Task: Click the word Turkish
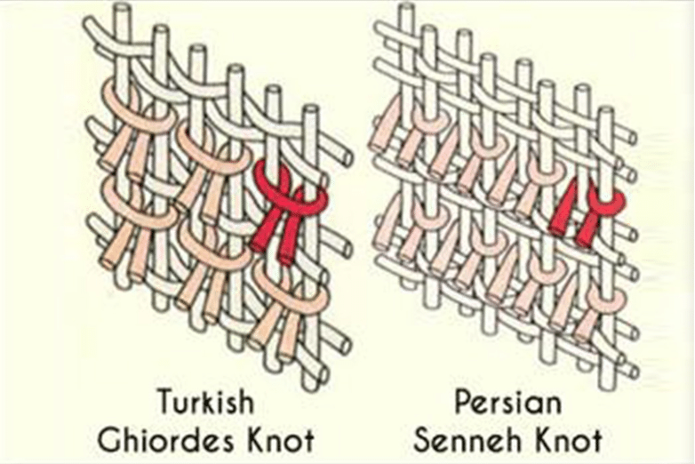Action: (205, 402)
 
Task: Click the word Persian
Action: (508, 403)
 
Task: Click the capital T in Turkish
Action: (166, 402)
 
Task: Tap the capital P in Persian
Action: (464, 403)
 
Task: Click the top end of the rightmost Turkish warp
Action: (312, 109)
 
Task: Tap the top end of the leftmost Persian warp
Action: (405, 7)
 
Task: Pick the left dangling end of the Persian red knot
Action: (562, 208)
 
